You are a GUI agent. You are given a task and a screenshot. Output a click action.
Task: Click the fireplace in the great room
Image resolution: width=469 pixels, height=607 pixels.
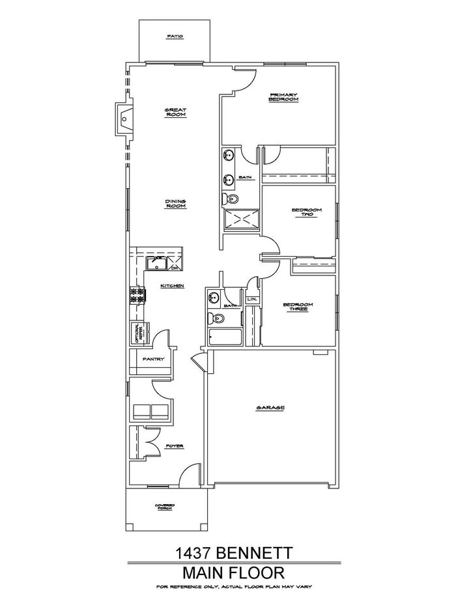point(123,120)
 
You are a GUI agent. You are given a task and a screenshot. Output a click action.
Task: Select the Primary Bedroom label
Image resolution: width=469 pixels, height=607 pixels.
point(284,98)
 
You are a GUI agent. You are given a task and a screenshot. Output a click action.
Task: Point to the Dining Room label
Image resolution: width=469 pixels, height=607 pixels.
point(176,204)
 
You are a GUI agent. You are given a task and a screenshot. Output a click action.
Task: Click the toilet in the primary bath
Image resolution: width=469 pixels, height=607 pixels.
point(231,199)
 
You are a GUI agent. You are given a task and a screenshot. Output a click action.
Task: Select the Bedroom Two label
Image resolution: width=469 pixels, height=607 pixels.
point(304,213)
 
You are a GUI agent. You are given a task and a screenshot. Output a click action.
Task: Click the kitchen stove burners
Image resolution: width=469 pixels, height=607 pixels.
point(138,295)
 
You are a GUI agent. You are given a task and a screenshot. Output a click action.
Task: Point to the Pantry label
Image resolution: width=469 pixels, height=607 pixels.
point(152,359)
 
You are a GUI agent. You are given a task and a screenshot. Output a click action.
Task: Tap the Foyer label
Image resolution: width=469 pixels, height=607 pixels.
point(174,446)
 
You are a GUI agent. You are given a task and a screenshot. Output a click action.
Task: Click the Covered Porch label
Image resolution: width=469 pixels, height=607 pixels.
point(164,506)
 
